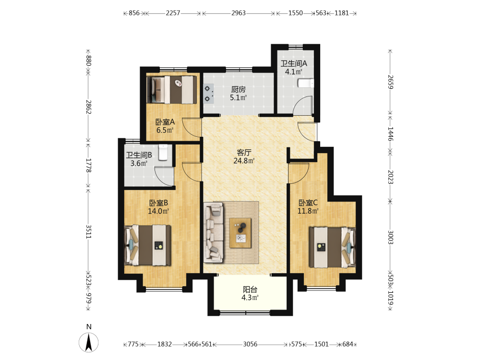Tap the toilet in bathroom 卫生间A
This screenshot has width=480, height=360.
305,83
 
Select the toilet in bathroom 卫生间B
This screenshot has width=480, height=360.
163,152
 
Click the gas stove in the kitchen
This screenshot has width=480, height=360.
208,93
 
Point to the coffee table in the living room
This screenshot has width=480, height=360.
240,233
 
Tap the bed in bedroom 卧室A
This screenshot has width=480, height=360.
172,90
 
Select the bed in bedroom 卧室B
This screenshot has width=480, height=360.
147,245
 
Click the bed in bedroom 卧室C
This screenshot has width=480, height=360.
333,247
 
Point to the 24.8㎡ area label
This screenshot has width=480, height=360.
244,160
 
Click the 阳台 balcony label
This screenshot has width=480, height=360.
250,289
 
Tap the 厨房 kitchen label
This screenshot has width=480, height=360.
238,89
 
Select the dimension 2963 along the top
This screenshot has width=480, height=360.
239,13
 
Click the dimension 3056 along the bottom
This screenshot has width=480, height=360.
250,344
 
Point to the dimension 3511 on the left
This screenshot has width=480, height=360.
88,232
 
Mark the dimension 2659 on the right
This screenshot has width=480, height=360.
390,82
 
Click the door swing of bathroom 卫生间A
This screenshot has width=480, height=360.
303,105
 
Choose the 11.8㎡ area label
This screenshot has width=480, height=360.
308,211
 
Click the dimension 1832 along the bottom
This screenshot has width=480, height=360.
164,344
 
